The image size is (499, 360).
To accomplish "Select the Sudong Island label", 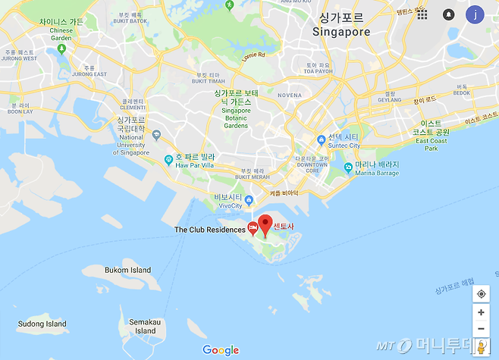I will tap(42, 324).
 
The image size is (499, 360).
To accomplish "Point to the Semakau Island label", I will tap(143, 326).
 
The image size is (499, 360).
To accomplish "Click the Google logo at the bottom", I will tap(221, 349).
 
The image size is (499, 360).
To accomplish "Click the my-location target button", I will tap(481, 294).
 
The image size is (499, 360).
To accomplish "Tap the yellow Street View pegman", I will tap(481, 346).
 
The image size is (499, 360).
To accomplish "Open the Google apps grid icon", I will tap(422, 14).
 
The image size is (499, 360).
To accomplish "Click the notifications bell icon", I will tap(448, 14).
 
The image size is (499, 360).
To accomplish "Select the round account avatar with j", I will tap(475, 14).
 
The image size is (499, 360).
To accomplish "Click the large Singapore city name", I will tap(341, 32).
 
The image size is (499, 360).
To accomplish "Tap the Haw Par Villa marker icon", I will tap(168, 159).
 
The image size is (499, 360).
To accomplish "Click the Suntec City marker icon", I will tap(322, 140).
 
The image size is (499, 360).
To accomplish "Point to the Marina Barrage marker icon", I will tap(347, 167).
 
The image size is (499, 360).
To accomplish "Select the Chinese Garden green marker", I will tap(61, 50).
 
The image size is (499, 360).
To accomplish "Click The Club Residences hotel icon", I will tap(253, 229).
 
